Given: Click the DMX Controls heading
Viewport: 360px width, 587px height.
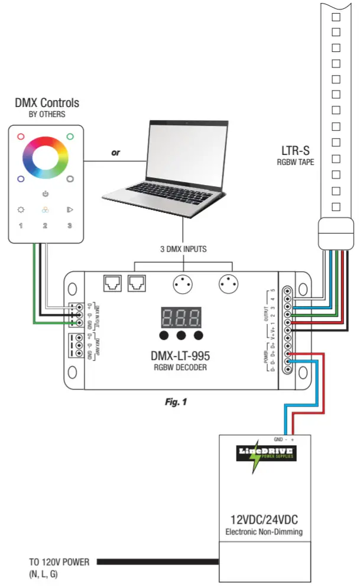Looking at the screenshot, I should (x=47, y=103).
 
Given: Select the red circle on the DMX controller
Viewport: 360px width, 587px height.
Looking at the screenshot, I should (x=21, y=136).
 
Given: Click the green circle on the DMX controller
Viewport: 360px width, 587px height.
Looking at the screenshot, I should (x=70, y=136).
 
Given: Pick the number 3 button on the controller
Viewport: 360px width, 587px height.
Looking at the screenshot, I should (x=69, y=225).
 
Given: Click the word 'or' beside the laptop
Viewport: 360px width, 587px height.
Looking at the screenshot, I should (x=116, y=153).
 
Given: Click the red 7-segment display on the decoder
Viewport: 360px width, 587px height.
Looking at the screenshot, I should (x=181, y=317).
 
